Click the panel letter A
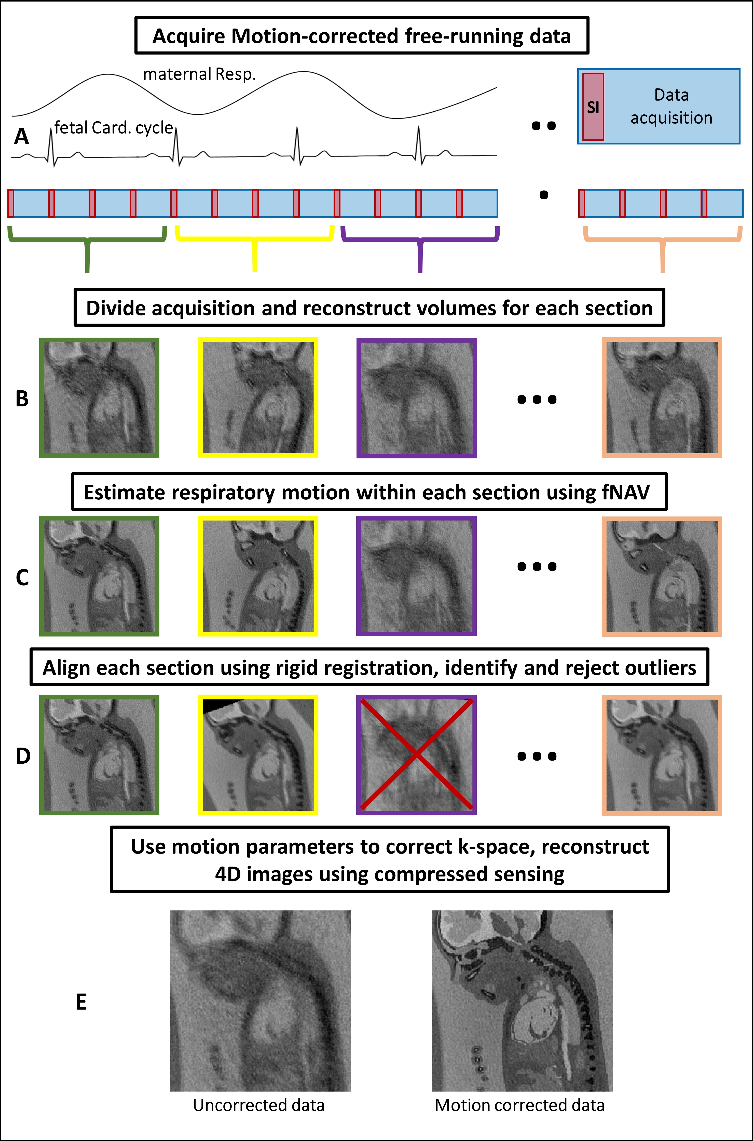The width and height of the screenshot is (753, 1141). [22, 136]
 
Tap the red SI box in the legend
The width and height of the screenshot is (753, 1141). [593, 107]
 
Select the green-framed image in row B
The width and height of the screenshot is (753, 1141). [99, 397]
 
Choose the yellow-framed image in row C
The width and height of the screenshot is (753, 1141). [258, 576]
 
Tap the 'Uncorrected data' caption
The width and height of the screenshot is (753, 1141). [259, 1105]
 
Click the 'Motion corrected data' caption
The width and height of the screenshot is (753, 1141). [519, 1105]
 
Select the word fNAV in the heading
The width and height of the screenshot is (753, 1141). [626, 493]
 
